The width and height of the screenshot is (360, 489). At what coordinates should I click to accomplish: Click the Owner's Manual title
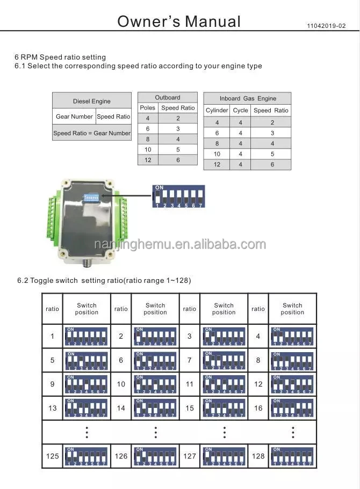(179, 21)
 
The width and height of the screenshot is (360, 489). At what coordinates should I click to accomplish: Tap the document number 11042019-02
(327, 26)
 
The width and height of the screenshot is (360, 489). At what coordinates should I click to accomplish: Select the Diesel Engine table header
(91, 101)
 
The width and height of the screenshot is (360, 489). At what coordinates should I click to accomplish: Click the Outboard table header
(168, 97)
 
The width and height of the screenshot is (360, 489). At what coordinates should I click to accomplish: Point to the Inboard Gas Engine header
(248, 98)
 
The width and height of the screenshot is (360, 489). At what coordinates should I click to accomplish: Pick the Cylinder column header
(217, 111)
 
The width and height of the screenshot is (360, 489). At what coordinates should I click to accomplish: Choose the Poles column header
(147, 108)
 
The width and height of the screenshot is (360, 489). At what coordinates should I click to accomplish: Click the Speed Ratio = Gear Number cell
(91, 133)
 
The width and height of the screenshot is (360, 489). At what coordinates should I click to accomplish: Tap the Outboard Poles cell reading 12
(147, 160)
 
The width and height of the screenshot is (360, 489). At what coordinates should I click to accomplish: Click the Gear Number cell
(74, 116)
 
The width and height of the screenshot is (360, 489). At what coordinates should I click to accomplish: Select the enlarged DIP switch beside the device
(178, 197)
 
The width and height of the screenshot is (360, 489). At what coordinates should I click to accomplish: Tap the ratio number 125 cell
(52, 456)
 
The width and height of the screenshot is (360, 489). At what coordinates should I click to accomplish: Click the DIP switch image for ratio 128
(292, 456)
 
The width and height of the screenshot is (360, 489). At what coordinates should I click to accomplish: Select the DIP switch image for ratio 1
(86, 337)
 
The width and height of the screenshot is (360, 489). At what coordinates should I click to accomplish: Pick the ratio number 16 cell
(258, 408)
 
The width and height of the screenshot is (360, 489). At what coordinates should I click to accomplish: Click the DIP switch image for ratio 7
(224, 360)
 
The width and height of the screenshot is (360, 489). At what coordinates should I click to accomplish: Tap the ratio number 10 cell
(121, 384)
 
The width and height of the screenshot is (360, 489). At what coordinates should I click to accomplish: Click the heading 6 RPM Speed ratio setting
(60, 57)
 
